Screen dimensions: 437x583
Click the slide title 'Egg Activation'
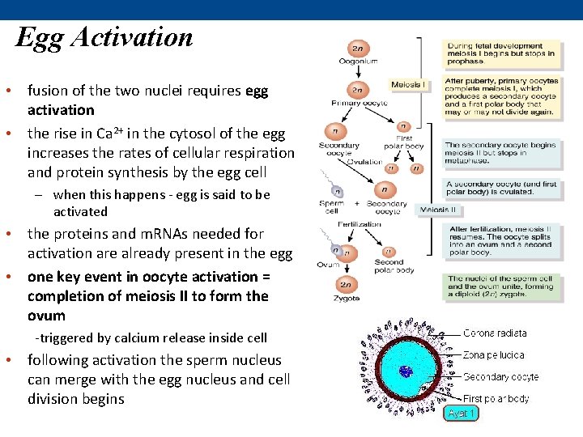[104, 37]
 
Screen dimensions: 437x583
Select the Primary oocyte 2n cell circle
[355, 89]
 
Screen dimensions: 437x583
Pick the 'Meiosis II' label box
[439, 210]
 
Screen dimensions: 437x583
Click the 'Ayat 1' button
[462, 413]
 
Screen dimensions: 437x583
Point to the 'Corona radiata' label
[495, 333]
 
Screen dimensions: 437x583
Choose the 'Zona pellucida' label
[493, 354]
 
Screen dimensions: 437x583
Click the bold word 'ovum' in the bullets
[46, 316]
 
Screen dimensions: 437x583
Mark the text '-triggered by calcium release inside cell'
[151, 337]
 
